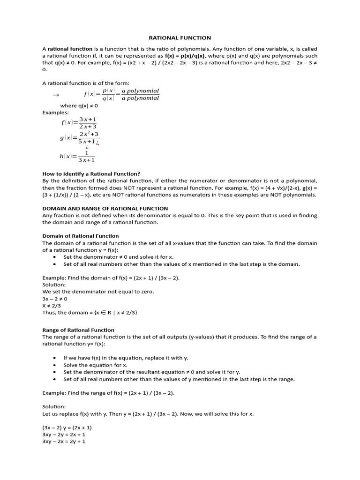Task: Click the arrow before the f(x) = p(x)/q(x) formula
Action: click(x=56, y=95)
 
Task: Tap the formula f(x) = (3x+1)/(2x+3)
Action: click(x=79, y=123)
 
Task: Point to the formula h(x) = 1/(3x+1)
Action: click(x=78, y=157)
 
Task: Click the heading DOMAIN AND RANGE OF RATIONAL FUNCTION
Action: click(x=105, y=208)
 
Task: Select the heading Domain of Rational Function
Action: click(x=81, y=236)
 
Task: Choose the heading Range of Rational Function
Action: click(x=78, y=330)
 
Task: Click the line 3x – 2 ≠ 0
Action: click(x=55, y=299)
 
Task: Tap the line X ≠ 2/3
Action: click(x=52, y=306)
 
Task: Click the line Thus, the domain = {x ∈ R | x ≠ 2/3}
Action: click(x=90, y=313)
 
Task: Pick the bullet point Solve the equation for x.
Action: click(x=95, y=365)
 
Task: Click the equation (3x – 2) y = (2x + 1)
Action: click(x=67, y=427)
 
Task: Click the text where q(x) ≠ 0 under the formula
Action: click(x=79, y=106)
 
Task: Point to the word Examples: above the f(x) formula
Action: click(x=55, y=112)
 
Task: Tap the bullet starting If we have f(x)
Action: click(x=126, y=358)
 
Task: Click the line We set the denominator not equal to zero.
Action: click(x=98, y=292)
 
